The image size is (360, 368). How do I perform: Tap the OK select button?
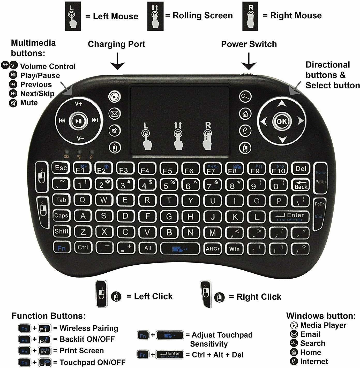click(282, 121)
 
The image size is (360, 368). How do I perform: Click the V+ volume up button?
click(78, 104)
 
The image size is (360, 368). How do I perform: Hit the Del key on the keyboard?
click(301, 169)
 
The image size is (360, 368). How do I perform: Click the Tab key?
click(61, 200)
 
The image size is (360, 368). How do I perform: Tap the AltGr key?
click(213, 249)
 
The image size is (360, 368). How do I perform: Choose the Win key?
click(234, 249)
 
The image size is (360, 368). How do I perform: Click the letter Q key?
click(82, 200)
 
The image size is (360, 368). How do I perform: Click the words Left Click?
click(153, 296)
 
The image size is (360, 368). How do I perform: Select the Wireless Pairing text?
click(89, 328)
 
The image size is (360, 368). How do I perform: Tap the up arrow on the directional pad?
click(282, 104)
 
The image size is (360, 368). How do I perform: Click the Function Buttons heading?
click(48, 316)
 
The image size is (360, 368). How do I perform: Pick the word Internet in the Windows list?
click(314, 361)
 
